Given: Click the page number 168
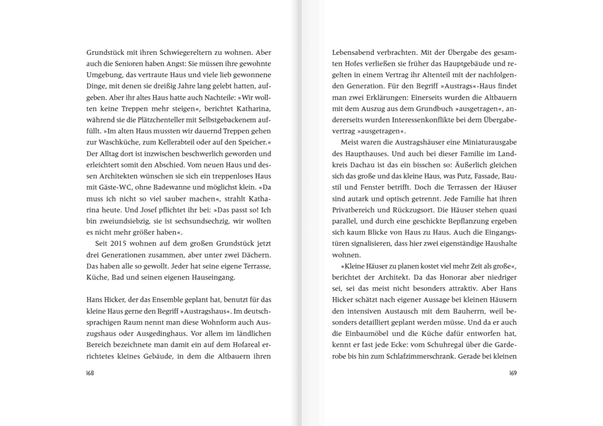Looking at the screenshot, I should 90,373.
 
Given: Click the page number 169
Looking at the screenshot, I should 512,373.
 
